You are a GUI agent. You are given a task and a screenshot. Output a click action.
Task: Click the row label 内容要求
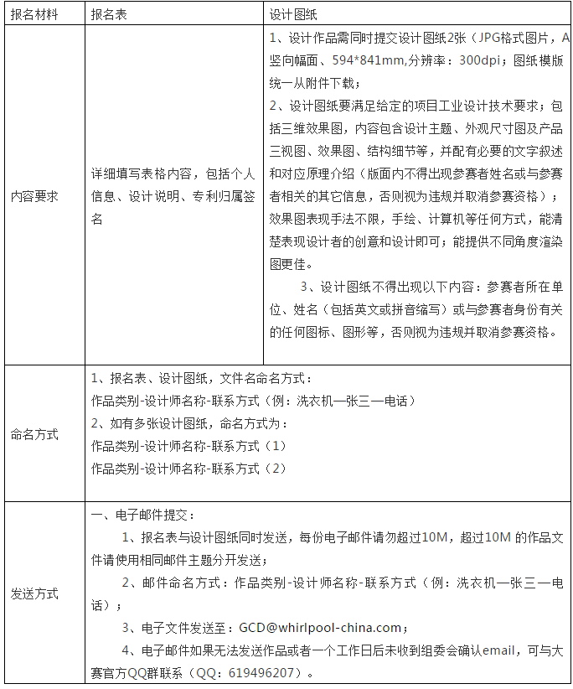[x=34, y=196]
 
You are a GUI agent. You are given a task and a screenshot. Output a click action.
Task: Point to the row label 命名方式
[x=34, y=434]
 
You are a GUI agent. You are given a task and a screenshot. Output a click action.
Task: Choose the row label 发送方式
[x=34, y=593]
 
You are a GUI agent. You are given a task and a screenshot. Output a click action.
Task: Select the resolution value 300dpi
[x=485, y=60]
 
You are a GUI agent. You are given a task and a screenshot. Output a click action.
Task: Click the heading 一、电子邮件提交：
[x=142, y=514]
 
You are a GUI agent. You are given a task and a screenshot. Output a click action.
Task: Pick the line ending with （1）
[x=188, y=445]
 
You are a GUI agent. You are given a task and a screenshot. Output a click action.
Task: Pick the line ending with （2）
[x=188, y=468]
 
